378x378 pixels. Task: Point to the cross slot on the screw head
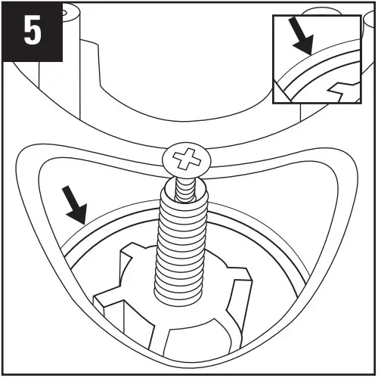184,160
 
